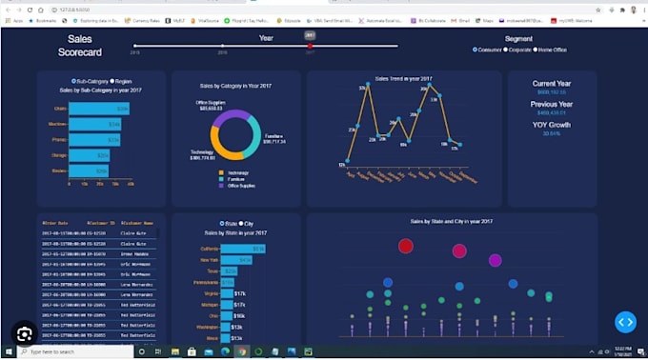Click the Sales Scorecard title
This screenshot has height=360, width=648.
click(79, 46)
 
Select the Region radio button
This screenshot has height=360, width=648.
click(112, 81)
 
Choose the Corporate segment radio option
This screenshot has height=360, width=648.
click(505, 49)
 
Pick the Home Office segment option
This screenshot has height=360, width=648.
click(537, 49)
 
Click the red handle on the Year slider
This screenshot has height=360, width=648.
click(310, 46)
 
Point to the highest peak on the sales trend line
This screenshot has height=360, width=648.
click(365, 87)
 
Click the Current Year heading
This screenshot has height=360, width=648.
click(552, 83)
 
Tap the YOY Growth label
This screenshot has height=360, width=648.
click(552, 124)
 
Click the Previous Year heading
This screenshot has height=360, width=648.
click(552, 104)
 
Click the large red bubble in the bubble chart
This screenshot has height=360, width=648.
click(406, 247)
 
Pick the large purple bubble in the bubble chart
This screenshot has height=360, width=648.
click(495, 260)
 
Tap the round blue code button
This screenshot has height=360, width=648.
click(624, 322)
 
